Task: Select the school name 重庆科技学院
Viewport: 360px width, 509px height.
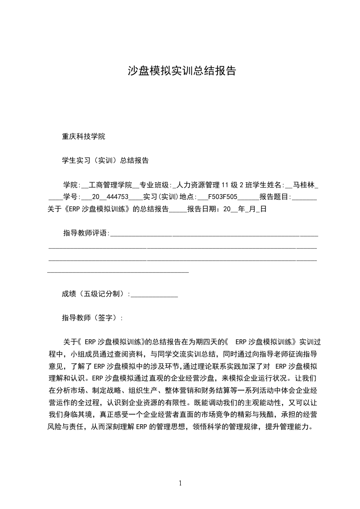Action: coord(84,136)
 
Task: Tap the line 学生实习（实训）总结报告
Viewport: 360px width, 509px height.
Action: coord(105,160)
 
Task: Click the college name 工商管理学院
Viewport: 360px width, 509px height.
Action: coord(109,185)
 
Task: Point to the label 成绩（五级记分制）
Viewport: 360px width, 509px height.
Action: coord(95,294)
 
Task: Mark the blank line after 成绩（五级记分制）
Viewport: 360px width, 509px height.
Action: coord(154,295)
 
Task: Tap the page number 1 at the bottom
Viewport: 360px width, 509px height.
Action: coord(180,483)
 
